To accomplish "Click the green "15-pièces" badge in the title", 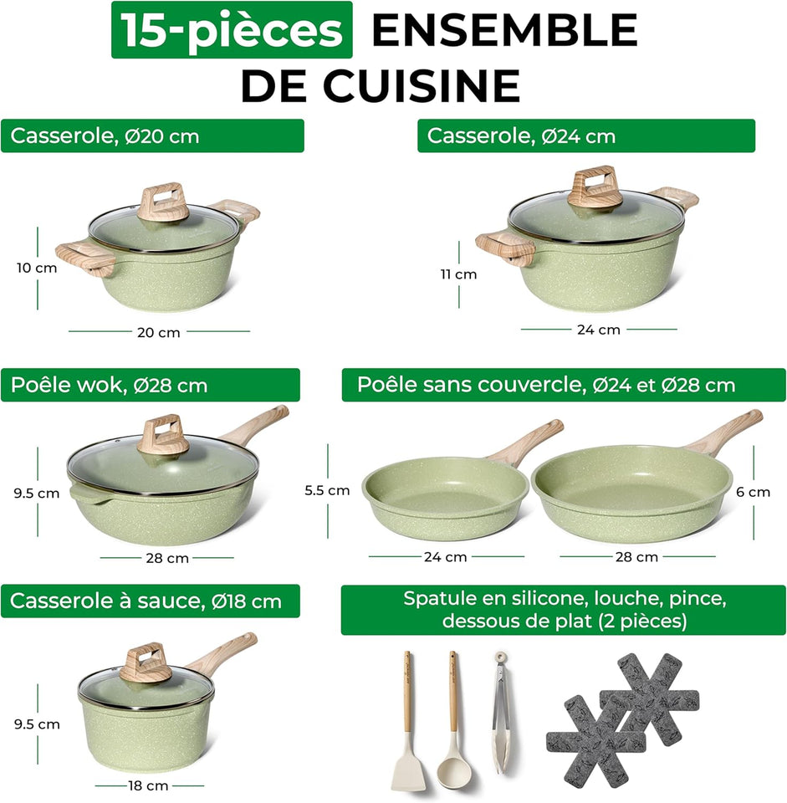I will [232, 30].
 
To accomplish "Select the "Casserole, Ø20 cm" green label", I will [151, 136].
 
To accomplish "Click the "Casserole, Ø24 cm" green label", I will [585, 136].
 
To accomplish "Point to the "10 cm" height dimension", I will [37, 268].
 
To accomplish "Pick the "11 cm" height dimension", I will [457, 274].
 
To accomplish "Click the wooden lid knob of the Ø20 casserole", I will [163, 202].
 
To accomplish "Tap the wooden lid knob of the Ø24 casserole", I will [595, 187].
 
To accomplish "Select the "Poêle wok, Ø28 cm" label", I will [150, 385].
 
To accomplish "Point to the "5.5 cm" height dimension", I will [327, 491].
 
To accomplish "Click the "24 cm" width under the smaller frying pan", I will [445, 556].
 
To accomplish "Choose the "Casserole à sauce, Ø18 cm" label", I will [150, 601].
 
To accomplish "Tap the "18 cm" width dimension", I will [146, 785].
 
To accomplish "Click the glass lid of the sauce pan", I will [146, 681].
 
